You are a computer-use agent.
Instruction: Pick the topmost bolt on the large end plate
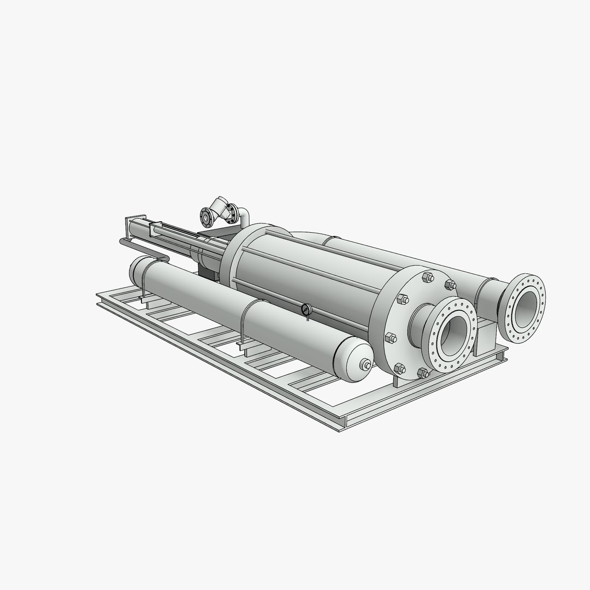click(428, 278)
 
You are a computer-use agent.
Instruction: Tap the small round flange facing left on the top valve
click(206, 217)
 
